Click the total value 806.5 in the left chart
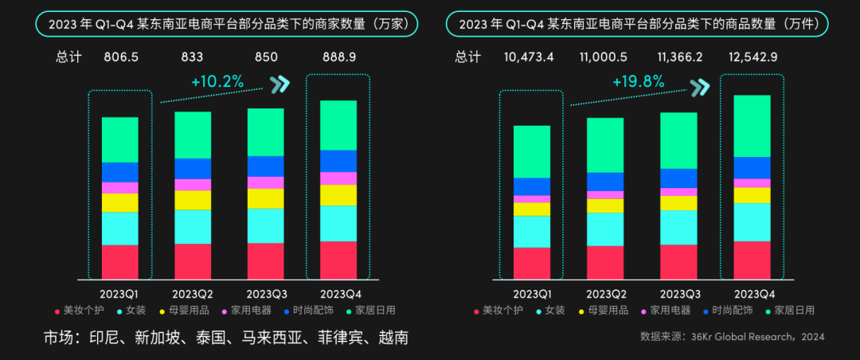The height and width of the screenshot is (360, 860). tap(120, 57)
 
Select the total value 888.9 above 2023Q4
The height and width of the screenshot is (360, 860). tap(338, 57)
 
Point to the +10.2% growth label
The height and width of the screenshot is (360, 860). tap(217, 81)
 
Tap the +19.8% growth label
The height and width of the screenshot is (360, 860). tap(638, 81)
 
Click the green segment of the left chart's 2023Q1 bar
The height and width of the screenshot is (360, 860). tap(120, 139)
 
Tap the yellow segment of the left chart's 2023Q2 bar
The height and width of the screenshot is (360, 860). tap(193, 200)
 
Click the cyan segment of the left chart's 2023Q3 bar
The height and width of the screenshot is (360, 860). tap(266, 225)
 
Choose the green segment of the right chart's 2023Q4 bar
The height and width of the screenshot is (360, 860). tap(752, 126)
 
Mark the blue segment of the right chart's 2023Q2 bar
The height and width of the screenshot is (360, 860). tap(605, 182)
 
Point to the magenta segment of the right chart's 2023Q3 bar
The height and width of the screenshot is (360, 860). tap(678, 192)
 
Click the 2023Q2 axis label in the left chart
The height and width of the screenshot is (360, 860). tap(193, 294)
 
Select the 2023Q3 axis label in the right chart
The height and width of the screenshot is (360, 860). tap(678, 294)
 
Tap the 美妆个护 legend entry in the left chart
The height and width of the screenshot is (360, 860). tap(79, 311)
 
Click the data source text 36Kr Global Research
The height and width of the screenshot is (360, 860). tap(731, 337)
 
